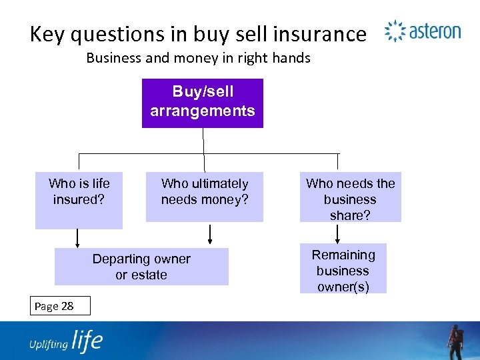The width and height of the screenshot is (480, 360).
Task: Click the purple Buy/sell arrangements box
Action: coord(203,103)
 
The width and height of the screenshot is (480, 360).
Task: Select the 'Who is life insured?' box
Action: coord(79,200)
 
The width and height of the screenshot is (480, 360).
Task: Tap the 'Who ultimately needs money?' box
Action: coord(204,197)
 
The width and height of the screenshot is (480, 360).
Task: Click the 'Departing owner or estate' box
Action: coord(141,267)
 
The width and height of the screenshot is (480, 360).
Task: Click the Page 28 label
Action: coord(54,306)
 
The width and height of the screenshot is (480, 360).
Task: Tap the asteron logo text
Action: coord(435,31)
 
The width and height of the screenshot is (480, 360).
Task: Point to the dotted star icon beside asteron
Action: coord(395,31)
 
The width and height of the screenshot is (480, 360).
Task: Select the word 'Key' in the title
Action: coord(50,34)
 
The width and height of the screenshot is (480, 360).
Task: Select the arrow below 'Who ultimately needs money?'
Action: coord(211,235)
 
